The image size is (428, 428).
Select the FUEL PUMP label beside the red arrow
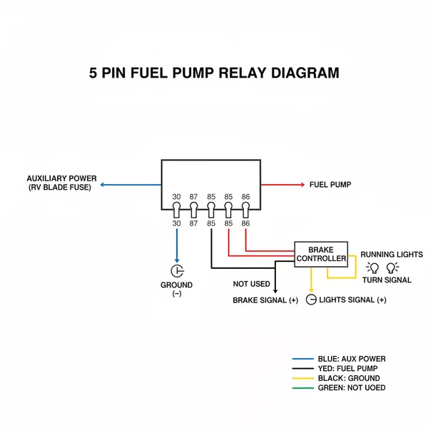click(330, 185)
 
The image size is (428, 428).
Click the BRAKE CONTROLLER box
click(321, 254)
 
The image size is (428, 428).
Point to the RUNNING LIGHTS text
click(391, 254)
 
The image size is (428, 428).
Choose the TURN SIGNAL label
click(387, 280)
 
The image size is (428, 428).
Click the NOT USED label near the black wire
click(252, 284)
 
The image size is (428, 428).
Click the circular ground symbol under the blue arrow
click(177, 271)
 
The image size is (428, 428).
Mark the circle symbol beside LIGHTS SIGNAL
click(311, 300)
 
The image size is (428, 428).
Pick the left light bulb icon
click(372, 267)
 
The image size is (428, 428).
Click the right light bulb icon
click(392, 267)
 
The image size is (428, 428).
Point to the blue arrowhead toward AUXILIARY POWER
click(103, 185)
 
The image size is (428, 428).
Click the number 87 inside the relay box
click(193, 196)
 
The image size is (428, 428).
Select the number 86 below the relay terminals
click(246, 223)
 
